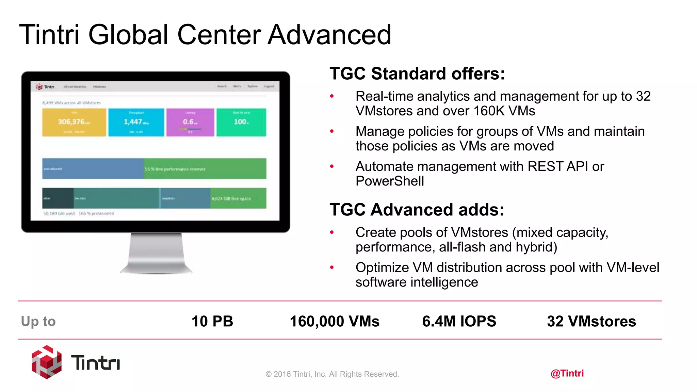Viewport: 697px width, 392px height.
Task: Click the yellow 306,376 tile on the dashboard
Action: tap(74, 122)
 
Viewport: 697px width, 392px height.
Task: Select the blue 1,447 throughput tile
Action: tap(136, 122)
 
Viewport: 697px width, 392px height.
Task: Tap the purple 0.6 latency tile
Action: tap(190, 122)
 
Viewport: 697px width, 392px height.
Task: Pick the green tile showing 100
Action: tap(241, 122)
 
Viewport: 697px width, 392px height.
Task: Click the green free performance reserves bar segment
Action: tap(205, 169)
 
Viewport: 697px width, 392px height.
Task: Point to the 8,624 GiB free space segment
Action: tap(238, 198)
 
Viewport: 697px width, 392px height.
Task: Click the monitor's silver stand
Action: tap(156, 254)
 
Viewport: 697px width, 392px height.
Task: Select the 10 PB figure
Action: tap(212, 321)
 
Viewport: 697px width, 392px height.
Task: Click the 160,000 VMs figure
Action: tap(335, 321)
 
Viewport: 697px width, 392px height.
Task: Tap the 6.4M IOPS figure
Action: tap(459, 321)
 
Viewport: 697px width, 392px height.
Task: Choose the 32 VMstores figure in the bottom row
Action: tap(591, 321)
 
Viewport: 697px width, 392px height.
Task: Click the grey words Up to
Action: tap(38, 321)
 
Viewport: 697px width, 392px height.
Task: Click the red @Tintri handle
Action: tap(567, 373)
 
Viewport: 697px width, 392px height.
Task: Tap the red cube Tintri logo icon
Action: tap(47, 362)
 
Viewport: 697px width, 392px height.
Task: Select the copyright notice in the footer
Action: tap(332, 374)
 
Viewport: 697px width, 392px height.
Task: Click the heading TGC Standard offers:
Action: tap(417, 73)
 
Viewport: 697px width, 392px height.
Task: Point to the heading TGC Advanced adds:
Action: tap(417, 210)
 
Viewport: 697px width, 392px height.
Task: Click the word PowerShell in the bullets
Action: tap(390, 181)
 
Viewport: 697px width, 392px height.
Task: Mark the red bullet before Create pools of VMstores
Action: tap(332, 232)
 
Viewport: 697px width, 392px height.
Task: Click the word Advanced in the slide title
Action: tap(329, 35)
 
